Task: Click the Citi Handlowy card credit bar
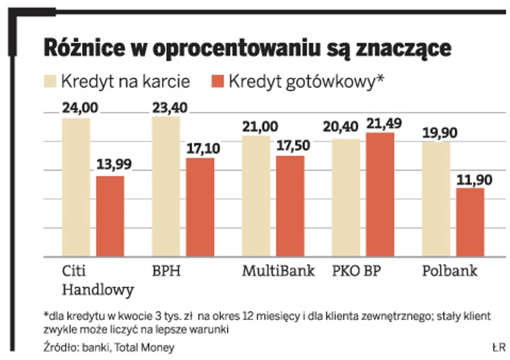pyautogui.click(x=76, y=187)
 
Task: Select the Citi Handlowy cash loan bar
pyautogui.click(x=110, y=215)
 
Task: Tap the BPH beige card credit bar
pyautogui.click(x=166, y=186)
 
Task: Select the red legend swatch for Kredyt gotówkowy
pyautogui.click(x=217, y=81)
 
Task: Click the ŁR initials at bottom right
pyautogui.click(x=497, y=347)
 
